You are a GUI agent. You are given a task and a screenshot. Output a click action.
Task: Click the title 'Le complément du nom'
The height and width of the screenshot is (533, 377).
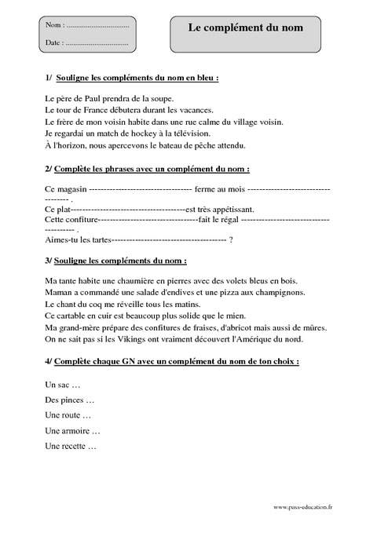pyautogui.click(x=244, y=27)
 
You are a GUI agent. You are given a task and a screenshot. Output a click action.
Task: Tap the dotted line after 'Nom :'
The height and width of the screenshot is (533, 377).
pyautogui.click(x=97, y=26)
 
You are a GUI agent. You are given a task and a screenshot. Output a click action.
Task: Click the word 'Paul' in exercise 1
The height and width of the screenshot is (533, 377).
pyautogui.click(x=83, y=99)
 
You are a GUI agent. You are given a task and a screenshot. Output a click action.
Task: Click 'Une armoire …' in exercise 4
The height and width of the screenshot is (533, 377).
pyautogui.click(x=73, y=430)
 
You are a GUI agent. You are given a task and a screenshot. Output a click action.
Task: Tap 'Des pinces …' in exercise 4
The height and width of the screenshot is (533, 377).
pyautogui.click(x=70, y=400)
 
